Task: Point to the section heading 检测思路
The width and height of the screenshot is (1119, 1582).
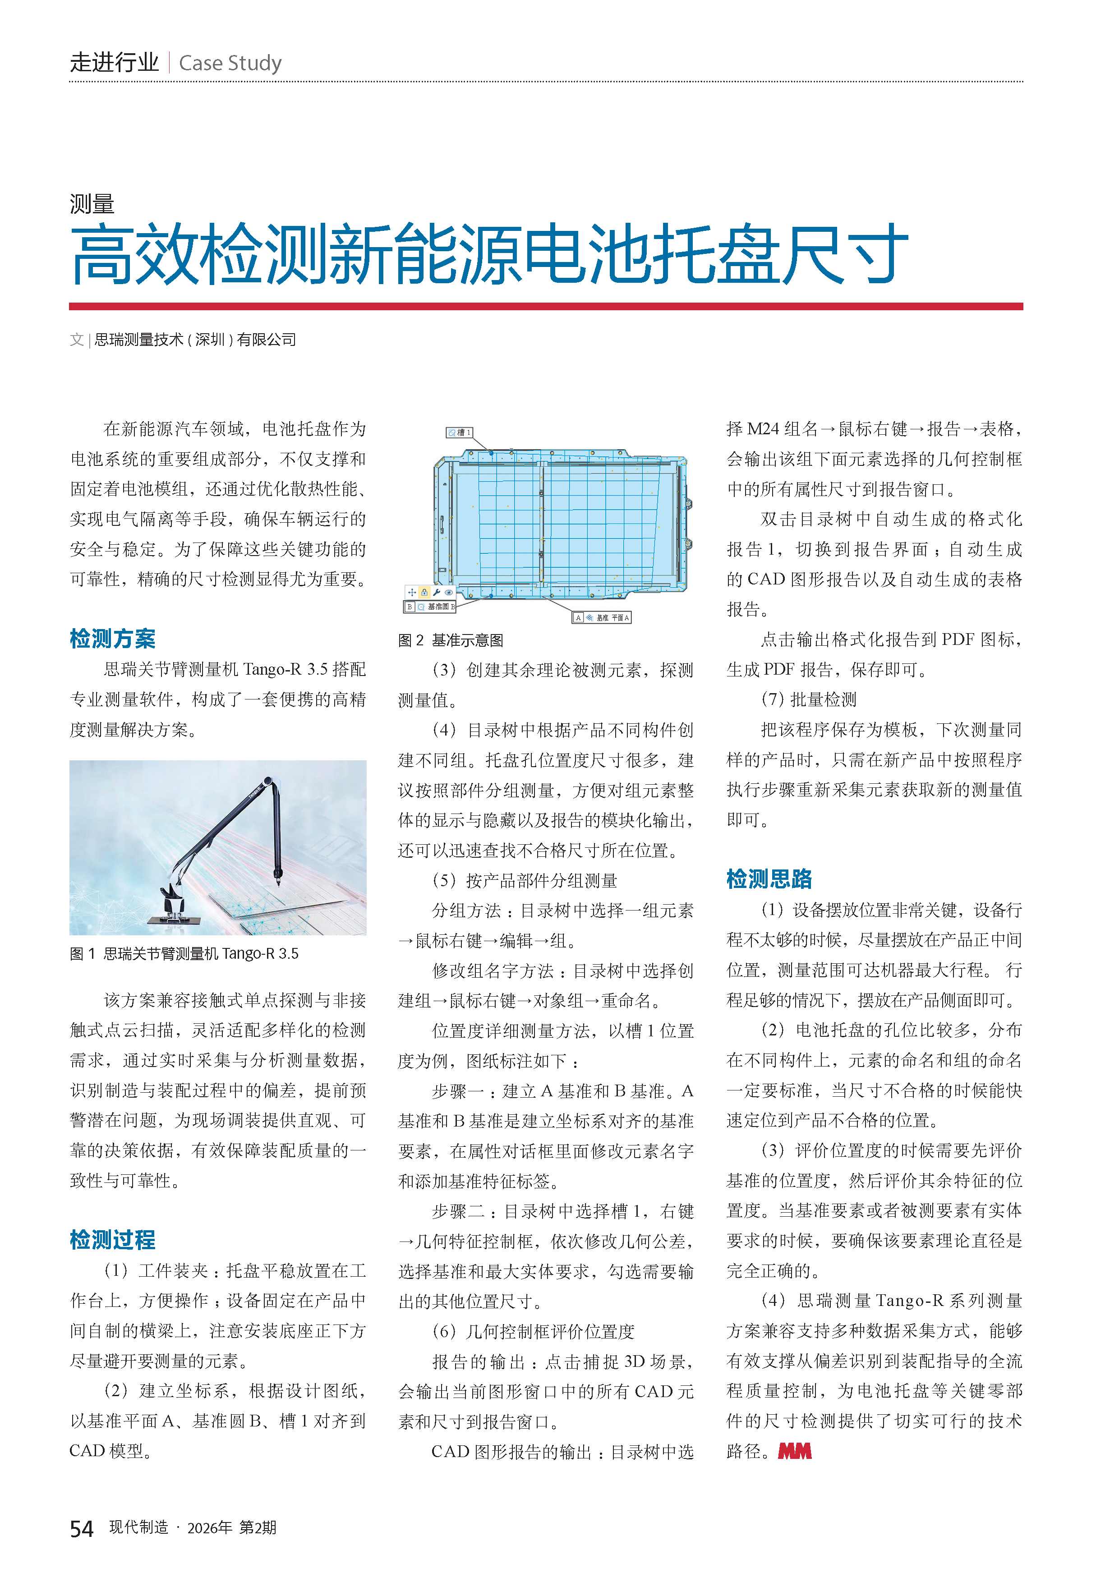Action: [x=769, y=879]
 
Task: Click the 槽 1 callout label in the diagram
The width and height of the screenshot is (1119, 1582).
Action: [x=459, y=433]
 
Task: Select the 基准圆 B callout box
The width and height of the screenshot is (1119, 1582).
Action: [x=430, y=607]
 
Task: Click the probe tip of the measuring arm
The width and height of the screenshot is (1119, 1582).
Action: [x=278, y=882]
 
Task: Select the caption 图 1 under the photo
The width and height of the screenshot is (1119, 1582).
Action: [x=184, y=954]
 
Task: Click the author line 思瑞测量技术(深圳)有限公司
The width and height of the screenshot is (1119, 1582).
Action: [x=195, y=340]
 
